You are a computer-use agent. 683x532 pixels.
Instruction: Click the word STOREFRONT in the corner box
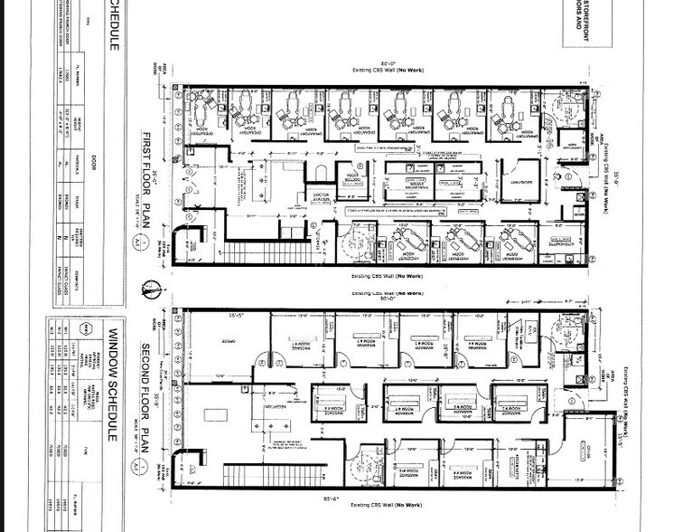575,18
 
